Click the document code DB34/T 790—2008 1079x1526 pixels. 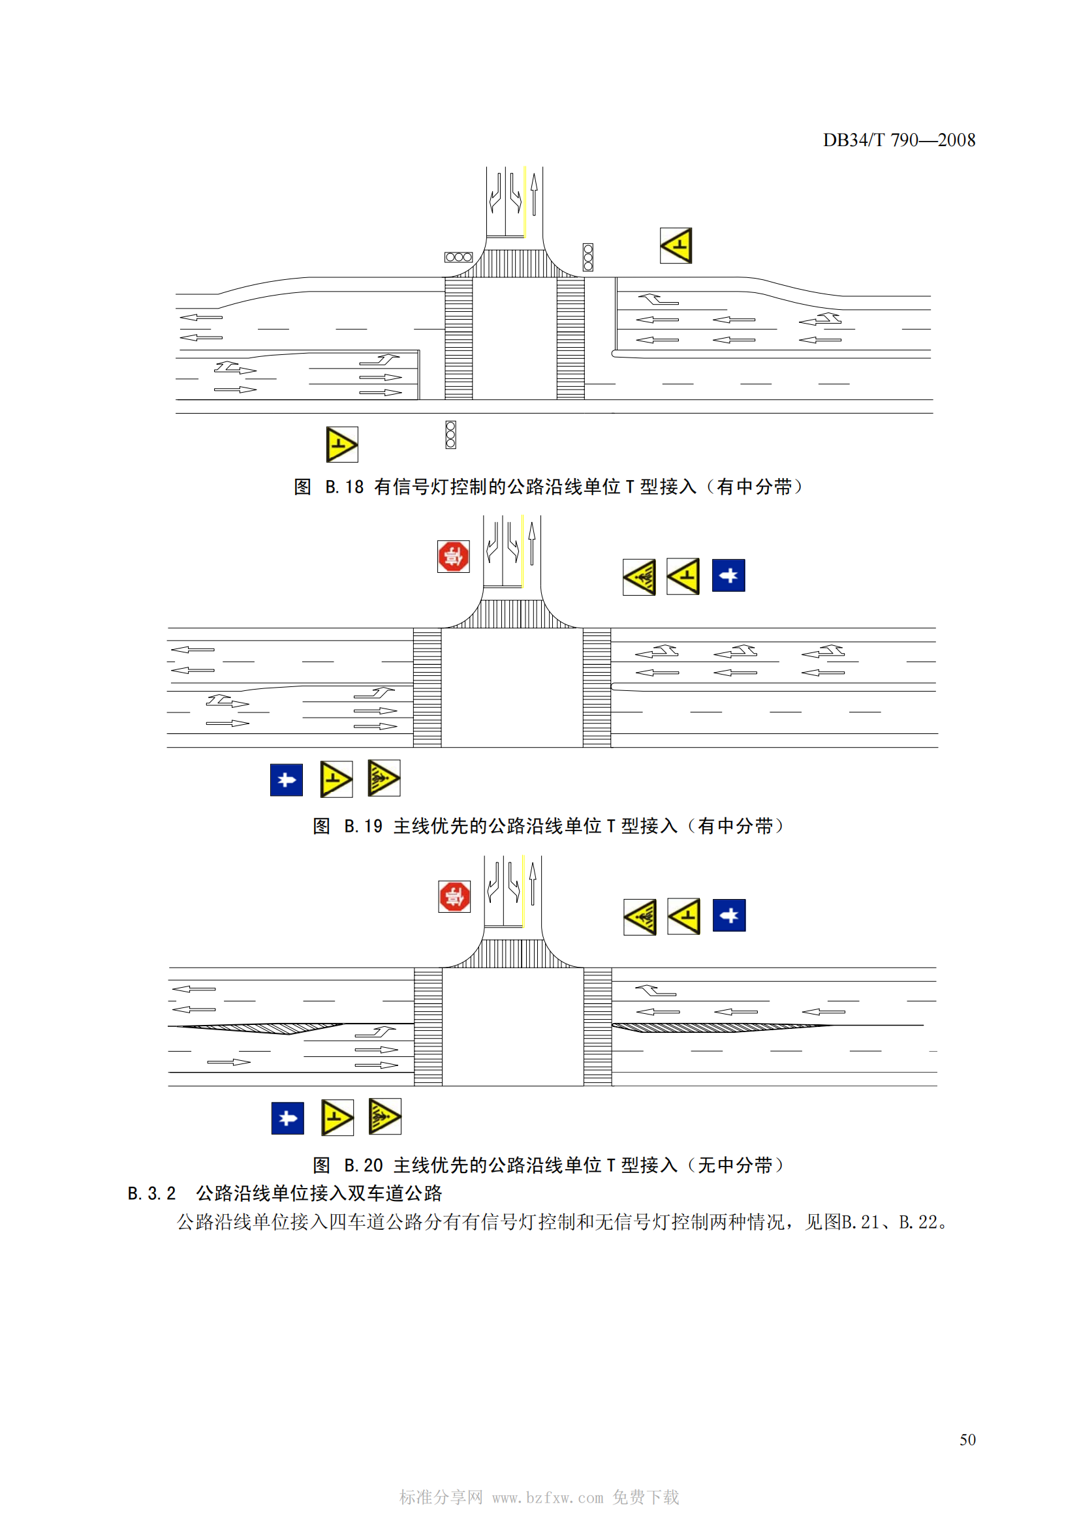tap(899, 140)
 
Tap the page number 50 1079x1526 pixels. tap(967, 1440)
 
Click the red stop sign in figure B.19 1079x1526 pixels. tap(454, 557)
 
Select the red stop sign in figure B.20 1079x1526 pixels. tap(455, 896)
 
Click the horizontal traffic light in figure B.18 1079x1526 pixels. tap(459, 257)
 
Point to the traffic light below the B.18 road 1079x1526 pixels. tap(451, 435)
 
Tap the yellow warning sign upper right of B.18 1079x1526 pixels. tap(676, 245)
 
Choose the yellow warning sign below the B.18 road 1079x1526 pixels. tap(343, 444)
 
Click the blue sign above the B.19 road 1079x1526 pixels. tap(728, 575)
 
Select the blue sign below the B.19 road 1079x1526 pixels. tap(287, 780)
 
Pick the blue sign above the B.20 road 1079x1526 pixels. tap(729, 916)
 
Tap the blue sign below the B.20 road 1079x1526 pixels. tap(288, 1119)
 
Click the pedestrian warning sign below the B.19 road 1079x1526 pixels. tap(384, 778)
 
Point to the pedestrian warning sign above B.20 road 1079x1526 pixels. tap(640, 917)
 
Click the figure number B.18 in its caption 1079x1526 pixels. tap(345, 487)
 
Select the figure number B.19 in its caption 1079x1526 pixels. tap(363, 826)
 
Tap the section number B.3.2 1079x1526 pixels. tap(151, 1193)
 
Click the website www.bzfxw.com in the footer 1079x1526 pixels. tap(548, 1497)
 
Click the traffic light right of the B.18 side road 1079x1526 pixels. tap(588, 257)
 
